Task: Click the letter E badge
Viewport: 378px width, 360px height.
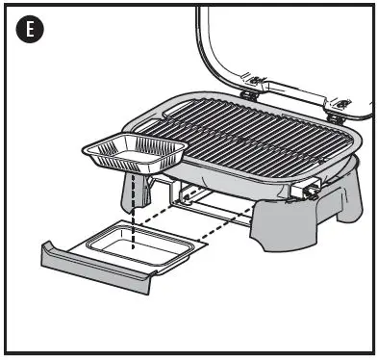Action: (32, 29)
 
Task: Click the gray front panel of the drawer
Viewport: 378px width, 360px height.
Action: (96, 270)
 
